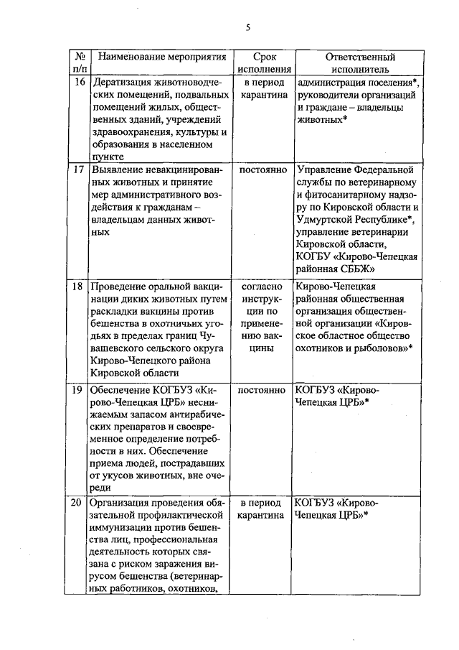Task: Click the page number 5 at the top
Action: (247, 27)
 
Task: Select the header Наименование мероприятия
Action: (161, 56)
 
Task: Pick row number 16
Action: (80, 82)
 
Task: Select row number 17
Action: (80, 171)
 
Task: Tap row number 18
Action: (80, 284)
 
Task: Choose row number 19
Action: (80, 389)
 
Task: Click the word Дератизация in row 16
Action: (122, 82)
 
